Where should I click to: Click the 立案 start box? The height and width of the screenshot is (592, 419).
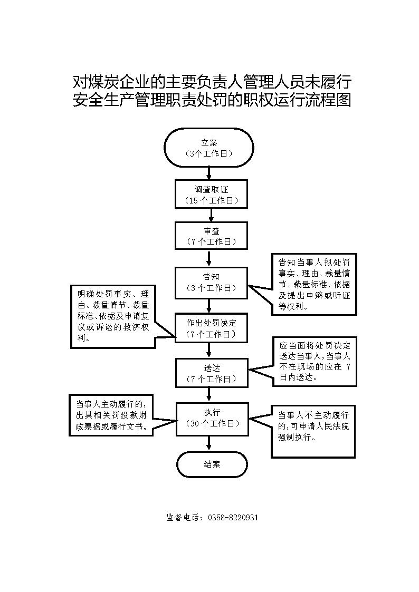point(209,148)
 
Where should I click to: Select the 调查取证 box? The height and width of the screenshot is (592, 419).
point(211,194)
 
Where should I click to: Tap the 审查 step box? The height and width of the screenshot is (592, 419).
point(211,236)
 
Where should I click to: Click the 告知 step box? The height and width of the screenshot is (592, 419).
point(211,282)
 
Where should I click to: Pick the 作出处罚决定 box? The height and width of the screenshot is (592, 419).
point(211,328)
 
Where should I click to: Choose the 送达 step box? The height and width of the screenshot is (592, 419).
point(212,373)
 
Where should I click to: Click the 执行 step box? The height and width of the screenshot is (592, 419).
point(212,418)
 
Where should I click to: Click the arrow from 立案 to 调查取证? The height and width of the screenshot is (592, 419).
point(209,173)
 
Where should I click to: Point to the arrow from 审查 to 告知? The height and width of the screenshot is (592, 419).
point(209,259)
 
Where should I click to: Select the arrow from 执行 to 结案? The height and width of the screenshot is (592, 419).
point(209,443)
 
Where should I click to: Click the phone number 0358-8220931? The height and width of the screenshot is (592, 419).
point(233,518)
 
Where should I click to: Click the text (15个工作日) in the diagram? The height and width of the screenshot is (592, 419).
point(211,200)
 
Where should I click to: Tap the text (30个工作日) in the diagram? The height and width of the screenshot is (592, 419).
point(213,424)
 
